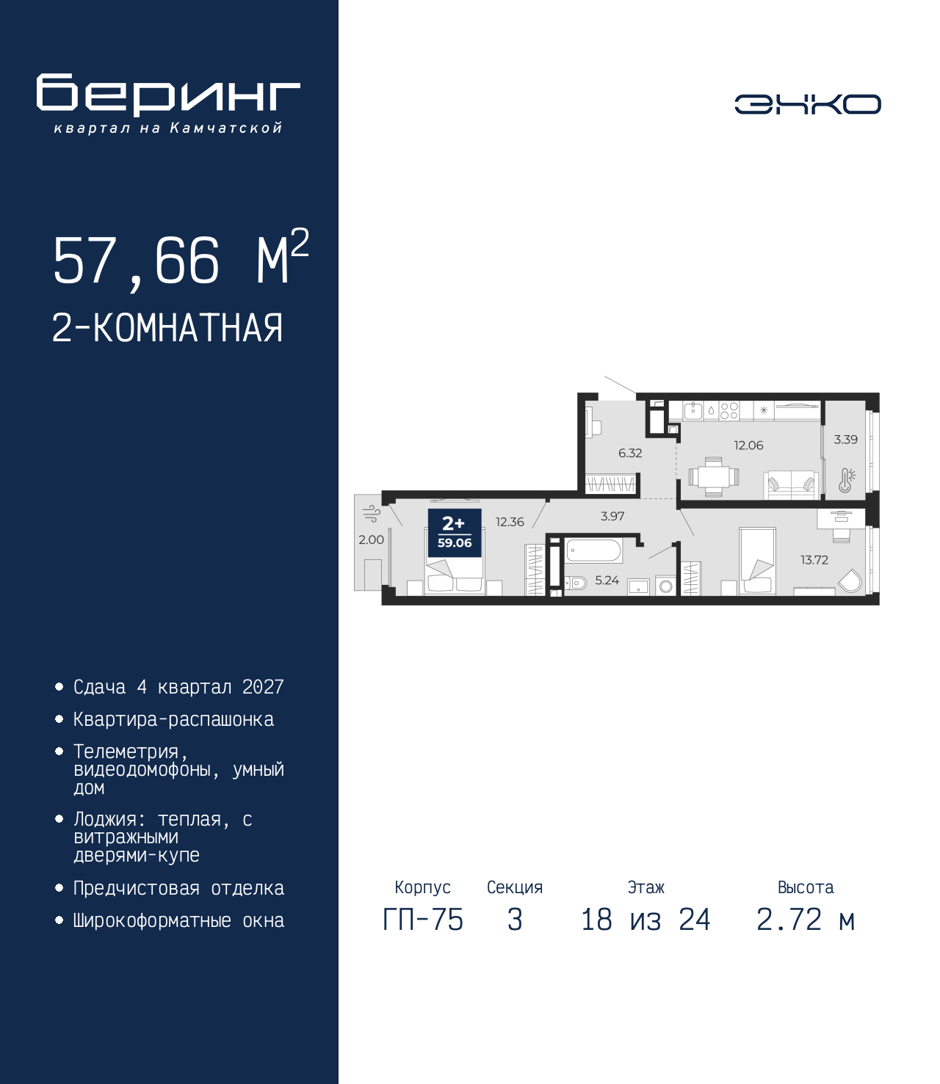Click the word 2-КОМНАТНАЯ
pyautogui.click(x=167, y=328)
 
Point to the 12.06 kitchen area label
pyautogui.click(x=748, y=445)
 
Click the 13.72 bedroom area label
pyautogui.click(x=814, y=559)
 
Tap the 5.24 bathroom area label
pyautogui.click(x=607, y=580)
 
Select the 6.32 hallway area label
pyautogui.click(x=630, y=453)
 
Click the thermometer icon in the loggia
pyautogui.click(x=846, y=480)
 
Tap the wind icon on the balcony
pyautogui.click(x=372, y=514)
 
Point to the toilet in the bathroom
pyautogui.click(x=575, y=583)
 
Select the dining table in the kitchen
pyautogui.click(x=713, y=477)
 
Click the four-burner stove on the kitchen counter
pyautogui.click(x=728, y=410)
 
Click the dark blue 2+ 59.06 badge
pyautogui.click(x=455, y=533)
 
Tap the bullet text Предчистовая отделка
pyautogui.click(x=178, y=888)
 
